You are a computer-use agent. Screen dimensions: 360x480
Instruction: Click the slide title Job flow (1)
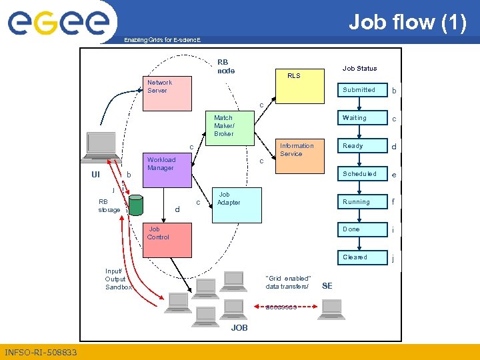tap(407, 22)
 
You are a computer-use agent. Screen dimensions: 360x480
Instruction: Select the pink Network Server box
tap(169, 93)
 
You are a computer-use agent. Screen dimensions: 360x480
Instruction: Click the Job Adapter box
tap(237, 205)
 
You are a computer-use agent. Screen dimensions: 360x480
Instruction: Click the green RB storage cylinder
tap(137, 205)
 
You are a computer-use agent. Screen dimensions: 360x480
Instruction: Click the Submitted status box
tap(360, 90)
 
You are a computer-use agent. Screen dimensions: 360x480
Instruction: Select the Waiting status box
tap(360, 118)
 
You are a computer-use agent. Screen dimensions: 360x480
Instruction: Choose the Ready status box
tap(360, 146)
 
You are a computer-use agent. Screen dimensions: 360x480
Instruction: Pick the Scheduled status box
tap(360, 174)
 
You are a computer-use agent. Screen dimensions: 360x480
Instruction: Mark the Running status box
tap(360, 202)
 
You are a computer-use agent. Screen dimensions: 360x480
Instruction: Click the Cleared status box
tap(360, 257)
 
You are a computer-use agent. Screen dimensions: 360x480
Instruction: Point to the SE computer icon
tap(332, 307)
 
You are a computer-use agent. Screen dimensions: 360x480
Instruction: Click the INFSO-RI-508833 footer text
tap(41, 352)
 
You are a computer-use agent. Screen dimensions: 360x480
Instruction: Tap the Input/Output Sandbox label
tap(118, 279)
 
